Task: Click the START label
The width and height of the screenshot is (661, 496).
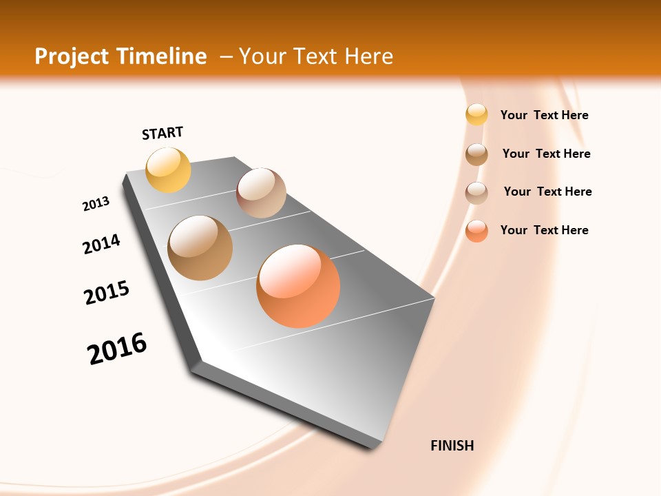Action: [x=162, y=133]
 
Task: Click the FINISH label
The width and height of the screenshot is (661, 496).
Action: [x=452, y=446]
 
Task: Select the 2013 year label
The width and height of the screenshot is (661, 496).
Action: [x=96, y=204]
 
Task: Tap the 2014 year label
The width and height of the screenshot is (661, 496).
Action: [x=102, y=244]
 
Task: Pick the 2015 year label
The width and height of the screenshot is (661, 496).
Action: [x=107, y=293]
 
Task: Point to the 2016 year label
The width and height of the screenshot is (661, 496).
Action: [x=117, y=349]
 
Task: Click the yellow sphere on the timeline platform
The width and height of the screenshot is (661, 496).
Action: [x=169, y=169]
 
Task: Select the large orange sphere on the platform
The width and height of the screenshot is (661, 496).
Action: [x=298, y=286]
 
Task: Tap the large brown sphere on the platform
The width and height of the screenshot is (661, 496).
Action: [x=200, y=248]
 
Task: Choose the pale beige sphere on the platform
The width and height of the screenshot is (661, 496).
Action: [x=261, y=193]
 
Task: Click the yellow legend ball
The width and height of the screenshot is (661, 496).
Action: [x=476, y=115]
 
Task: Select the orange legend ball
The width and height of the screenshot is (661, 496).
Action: [x=476, y=231]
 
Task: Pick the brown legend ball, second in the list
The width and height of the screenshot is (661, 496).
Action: [x=476, y=154]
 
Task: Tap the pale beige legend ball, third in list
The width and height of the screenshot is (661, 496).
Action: [x=476, y=193]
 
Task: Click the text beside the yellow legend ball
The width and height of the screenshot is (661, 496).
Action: [x=544, y=115]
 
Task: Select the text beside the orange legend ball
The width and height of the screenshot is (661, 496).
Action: [x=544, y=230]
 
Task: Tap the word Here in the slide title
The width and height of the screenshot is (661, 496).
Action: [x=368, y=56]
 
